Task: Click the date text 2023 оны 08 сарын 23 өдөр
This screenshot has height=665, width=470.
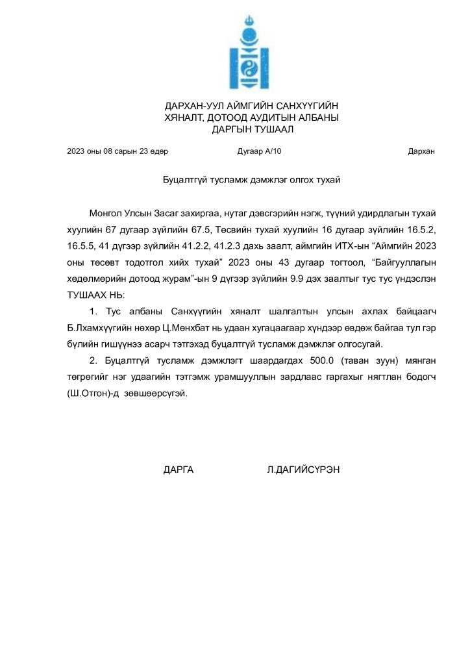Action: pyautogui.click(x=117, y=152)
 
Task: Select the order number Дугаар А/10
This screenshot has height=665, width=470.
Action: pyautogui.click(x=260, y=152)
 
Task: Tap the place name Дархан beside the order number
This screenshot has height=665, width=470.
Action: pyautogui.click(x=421, y=152)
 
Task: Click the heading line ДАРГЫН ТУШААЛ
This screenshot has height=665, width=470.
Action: pyautogui.click(x=253, y=129)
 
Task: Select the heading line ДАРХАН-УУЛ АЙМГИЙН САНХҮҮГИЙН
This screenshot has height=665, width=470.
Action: pyautogui.click(x=252, y=106)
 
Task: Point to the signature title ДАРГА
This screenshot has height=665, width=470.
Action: pyautogui.click(x=179, y=470)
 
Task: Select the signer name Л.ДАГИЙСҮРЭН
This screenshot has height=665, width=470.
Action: pyautogui.click(x=303, y=470)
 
